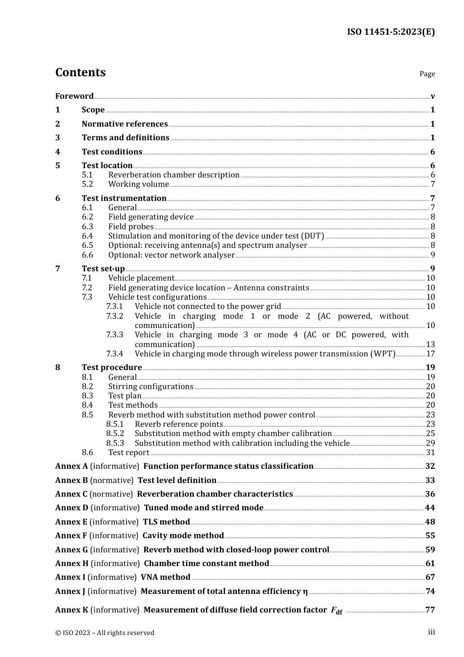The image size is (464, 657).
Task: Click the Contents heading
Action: pyautogui.click(x=80, y=72)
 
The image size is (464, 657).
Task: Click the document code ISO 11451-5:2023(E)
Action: pyautogui.click(x=391, y=32)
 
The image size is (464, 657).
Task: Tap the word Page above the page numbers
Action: pyautogui.click(x=427, y=74)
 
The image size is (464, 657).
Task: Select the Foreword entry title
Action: pyautogui.click(x=74, y=96)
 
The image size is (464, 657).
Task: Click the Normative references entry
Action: pyautogui.click(x=125, y=124)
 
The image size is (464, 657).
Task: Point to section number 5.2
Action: pyautogui.click(x=87, y=184)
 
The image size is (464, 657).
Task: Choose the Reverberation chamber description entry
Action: pyautogui.click(x=174, y=175)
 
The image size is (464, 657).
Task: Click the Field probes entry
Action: pyautogui.click(x=131, y=226)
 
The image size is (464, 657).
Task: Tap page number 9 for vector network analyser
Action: pyautogui.click(x=432, y=255)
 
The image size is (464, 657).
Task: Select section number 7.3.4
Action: pyautogui.click(x=115, y=353)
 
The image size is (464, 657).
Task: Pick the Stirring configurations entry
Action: pyautogui.click(x=150, y=386)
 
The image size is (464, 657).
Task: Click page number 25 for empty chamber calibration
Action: pyautogui.click(x=430, y=433)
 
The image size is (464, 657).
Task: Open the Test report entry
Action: pyautogui.click(x=128, y=453)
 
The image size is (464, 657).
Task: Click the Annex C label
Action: pyautogui.click(x=71, y=494)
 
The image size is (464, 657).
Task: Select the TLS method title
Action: pyautogui.click(x=166, y=522)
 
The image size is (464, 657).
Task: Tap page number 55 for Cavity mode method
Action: pyautogui.click(x=430, y=536)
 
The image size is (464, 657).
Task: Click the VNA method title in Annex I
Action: pyautogui.click(x=166, y=577)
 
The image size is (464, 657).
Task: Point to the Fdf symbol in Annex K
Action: pyautogui.click(x=337, y=611)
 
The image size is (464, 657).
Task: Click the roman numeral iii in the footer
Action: pyautogui.click(x=431, y=632)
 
